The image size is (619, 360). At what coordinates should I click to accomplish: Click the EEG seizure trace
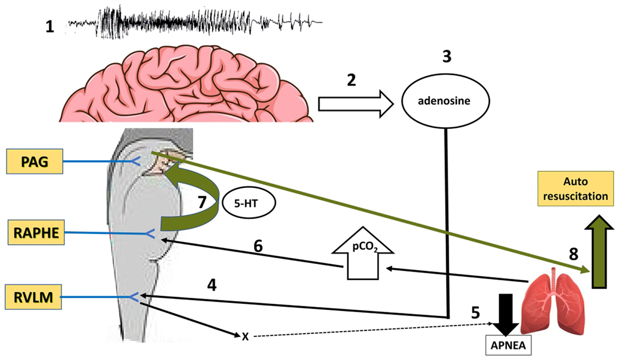coord(195,23)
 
